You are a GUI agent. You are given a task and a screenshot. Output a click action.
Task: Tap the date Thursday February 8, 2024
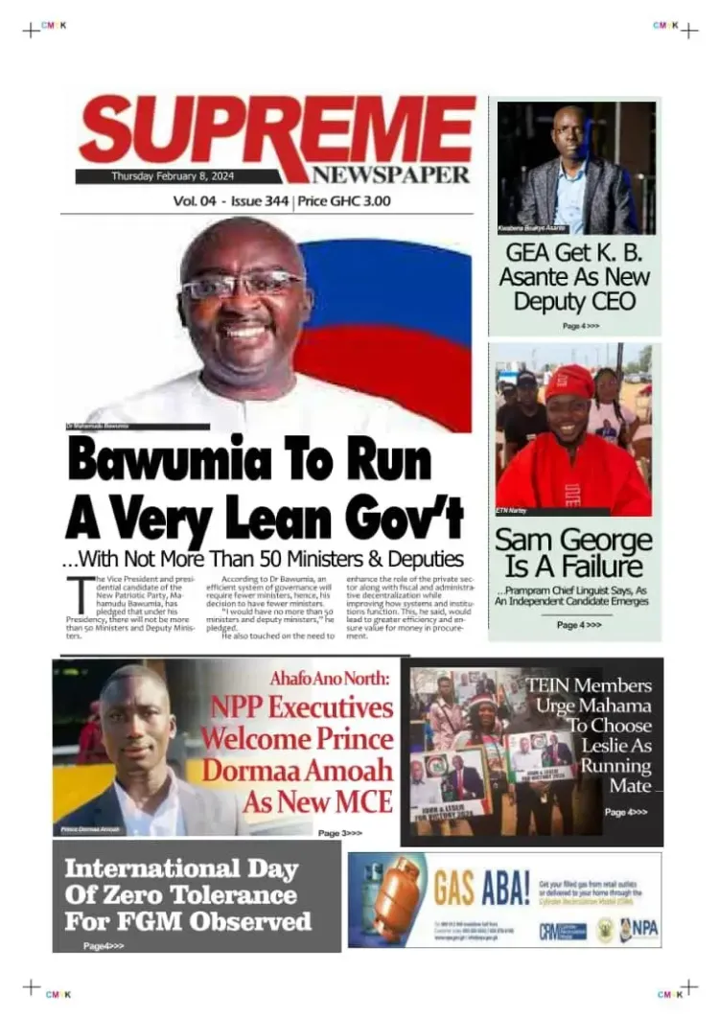point(173,176)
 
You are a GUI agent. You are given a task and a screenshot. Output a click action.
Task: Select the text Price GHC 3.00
point(344,201)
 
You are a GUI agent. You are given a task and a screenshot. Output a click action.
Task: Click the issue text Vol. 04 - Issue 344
point(231,201)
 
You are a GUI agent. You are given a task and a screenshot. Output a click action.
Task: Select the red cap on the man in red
point(570,382)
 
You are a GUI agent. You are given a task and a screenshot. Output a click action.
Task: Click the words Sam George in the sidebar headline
point(573,540)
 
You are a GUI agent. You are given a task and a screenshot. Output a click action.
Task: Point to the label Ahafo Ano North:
point(332,680)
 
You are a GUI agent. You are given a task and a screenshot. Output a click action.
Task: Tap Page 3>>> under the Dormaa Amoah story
point(340,833)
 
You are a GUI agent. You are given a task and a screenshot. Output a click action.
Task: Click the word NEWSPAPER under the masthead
point(390,174)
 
